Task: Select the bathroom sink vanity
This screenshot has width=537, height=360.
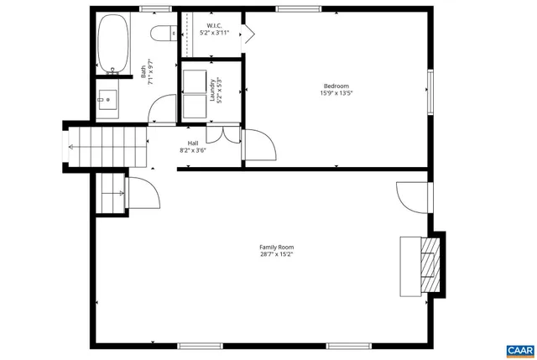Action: [107, 99]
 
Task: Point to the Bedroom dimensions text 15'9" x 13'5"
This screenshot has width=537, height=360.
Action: [336, 93]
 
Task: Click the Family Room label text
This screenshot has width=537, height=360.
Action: [276, 247]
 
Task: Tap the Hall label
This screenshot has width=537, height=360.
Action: [193, 143]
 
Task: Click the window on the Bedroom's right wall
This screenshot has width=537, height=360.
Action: [431, 90]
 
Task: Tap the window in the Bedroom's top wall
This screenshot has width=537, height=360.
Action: [293, 9]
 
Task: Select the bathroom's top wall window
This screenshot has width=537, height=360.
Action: [151, 9]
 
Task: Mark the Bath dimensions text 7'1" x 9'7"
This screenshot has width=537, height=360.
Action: [151, 73]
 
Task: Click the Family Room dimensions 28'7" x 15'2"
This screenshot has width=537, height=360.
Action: [276, 254]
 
